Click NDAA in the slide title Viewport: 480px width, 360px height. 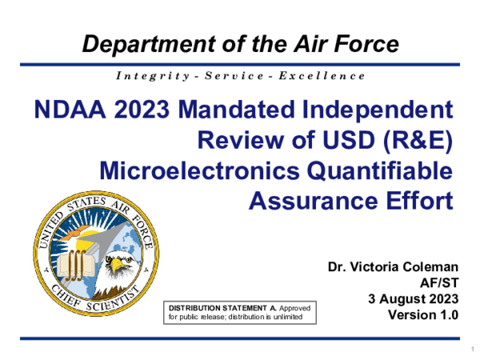coord(66,111)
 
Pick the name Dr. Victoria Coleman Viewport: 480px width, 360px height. coord(393,266)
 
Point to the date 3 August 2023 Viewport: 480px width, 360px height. coord(413,298)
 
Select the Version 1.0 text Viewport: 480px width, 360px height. coord(423,314)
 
